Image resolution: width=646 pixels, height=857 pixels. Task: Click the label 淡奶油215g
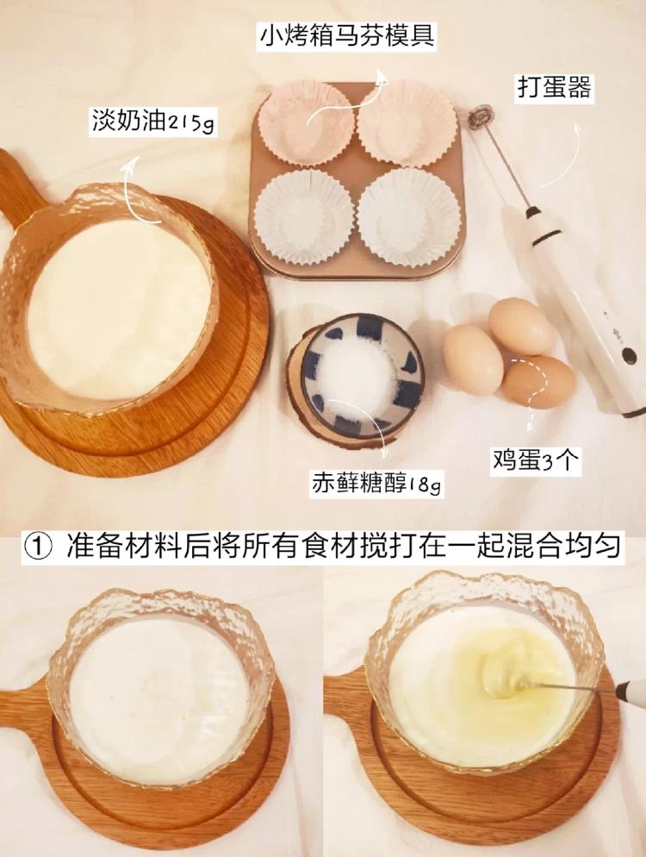point(153,122)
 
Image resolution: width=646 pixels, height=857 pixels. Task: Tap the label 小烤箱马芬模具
point(347,35)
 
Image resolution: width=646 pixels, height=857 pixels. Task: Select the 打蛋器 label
point(554,86)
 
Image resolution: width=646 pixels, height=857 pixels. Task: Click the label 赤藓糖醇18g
point(376,483)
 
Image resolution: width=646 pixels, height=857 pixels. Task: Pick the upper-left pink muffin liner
point(306,122)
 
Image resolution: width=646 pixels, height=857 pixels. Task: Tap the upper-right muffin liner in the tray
point(407,122)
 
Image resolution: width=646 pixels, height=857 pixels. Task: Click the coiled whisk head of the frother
point(481,114)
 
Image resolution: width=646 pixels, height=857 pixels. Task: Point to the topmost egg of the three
point(521,326)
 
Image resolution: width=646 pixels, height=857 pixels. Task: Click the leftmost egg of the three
point(473,358)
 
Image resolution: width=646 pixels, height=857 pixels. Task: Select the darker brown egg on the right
point(537,382)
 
